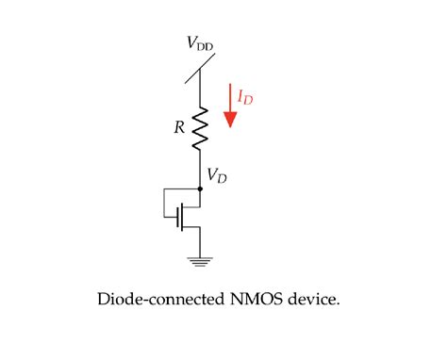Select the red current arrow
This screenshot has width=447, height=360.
tap(228, 106)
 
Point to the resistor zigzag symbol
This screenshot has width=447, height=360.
tap(199, 130)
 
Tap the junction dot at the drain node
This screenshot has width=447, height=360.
tap(199, 188)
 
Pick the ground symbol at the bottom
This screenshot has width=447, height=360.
tap(199, 261)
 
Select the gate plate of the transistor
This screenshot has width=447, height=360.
tap(177, 220)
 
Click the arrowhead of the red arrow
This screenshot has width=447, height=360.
tap(228, 119)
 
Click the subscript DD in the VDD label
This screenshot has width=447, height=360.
tap(205, 46)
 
